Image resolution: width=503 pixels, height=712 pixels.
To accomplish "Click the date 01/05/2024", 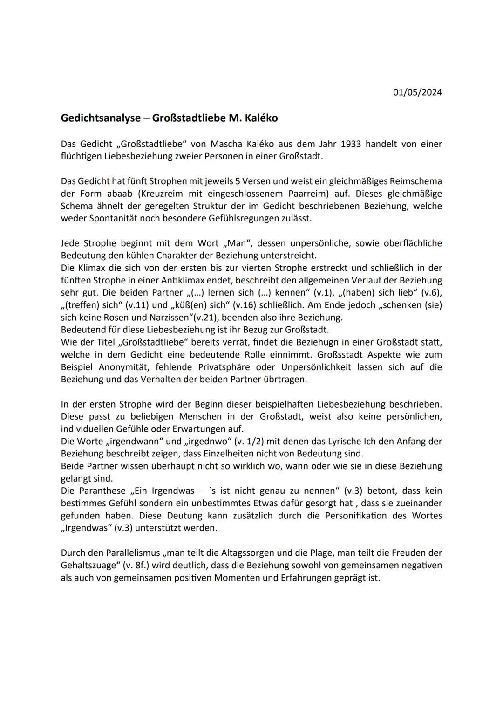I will click(x=417, y=92).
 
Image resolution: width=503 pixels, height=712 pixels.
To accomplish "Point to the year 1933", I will click(x=351, y=144).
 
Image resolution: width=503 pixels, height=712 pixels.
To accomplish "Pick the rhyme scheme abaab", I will click(x=118, y=194).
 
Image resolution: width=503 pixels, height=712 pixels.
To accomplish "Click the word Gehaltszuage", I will click(x=88, y=565).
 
